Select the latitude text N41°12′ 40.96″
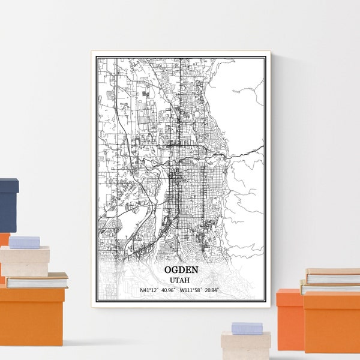pyautogui.click(x=157, y=290)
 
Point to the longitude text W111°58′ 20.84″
pyautogui.click(x=200, y=290)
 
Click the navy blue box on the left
pyautogui.click(x=9, y=204)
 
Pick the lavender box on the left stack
pyautogui.click(x=24, y=242)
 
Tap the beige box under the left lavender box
pyautogui.click(x=25, y=259)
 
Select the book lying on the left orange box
pyautogui.click(x=36, y=280)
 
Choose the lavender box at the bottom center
pyautogui.click(x=247, y=328)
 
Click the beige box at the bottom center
pyautogui.click(x=245, y=346)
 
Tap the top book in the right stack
pyautogui.click(x=333, y=276)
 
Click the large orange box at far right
pyautogui.click(x=331, y=322)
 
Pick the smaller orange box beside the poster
pyautogui.click(x=289, y=318)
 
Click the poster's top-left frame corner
pyautogui.click(x=92, y=52)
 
